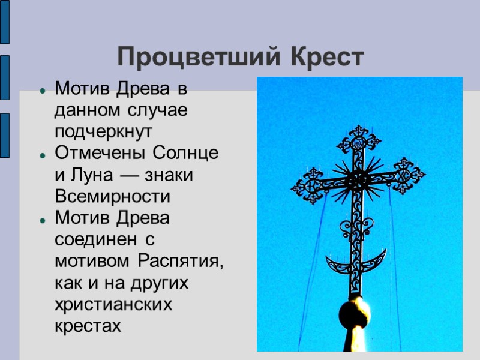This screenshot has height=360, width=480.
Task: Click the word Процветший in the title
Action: coord(200,58)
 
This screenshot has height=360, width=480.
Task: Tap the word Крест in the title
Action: coord(328,58)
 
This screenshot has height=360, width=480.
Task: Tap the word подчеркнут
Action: coord(104,132)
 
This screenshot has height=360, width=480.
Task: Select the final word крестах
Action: coord(88,326)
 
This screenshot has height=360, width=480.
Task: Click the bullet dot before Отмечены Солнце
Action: coord(43,155)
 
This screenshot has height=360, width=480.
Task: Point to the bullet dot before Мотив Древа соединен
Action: coord(43,220)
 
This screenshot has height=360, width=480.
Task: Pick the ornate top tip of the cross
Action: coord(359,138)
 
